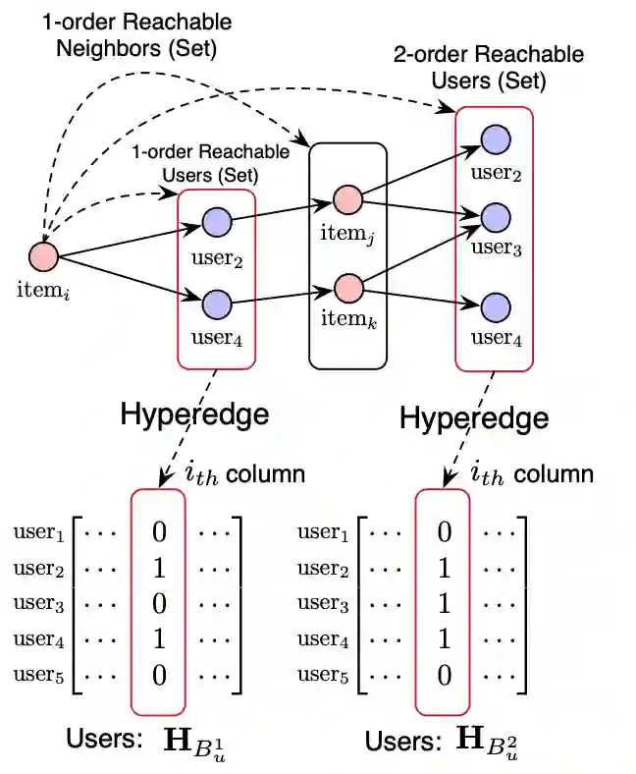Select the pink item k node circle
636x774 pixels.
(x=347, y=290)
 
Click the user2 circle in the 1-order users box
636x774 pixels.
(x=216, y=223)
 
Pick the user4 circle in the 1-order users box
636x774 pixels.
(x=216, y=304)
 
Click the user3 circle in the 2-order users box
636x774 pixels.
(x=496, y=216)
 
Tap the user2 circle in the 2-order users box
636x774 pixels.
(x=496, y=138)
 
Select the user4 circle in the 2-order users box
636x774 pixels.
(x=496, y=305)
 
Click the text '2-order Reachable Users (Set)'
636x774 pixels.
(x=488, y=67)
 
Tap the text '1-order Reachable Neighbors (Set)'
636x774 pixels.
(x=136, y=33)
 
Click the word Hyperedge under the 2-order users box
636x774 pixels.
(x=474, y=419)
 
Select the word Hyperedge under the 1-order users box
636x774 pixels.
(x=194, y=414)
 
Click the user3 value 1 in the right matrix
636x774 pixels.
(x=444, y=604)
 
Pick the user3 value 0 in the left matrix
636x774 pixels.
(x=158, y=604)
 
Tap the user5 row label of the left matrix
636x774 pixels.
(x=39, y=676)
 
